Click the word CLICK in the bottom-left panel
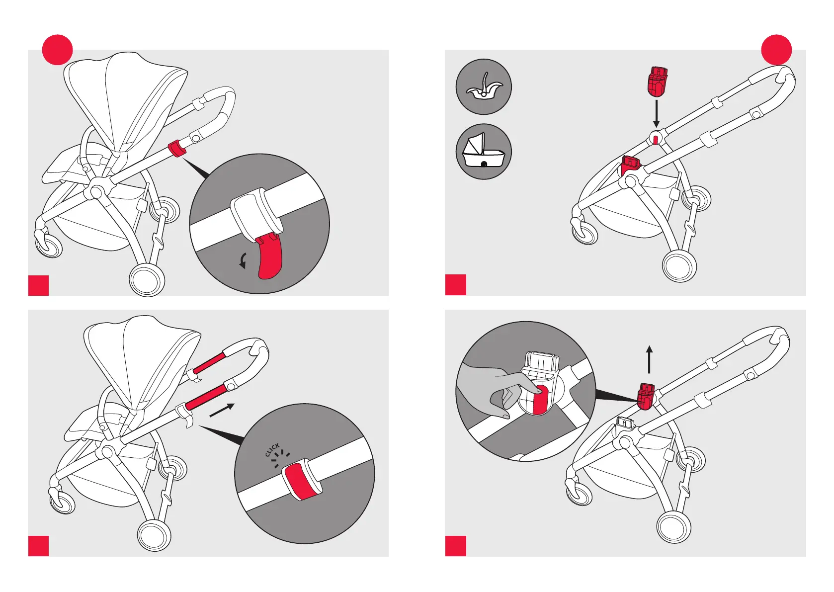tap(272, 449)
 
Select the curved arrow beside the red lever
tap(243, 260)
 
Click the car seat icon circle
tap(484, 87)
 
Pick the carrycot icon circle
tap(484, 152)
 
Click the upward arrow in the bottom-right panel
tap(649, 359)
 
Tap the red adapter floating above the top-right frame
tap(657, 82)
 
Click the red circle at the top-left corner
tap(57, 50)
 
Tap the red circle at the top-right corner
tap(776, 50)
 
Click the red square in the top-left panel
tap(38, 285)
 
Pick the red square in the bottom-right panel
tap(456, 546)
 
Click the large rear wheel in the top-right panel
tap(679, 266)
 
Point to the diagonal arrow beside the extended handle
tap(222, 410)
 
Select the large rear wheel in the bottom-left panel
tap(154, 535)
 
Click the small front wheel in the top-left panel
tap(49, 245)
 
